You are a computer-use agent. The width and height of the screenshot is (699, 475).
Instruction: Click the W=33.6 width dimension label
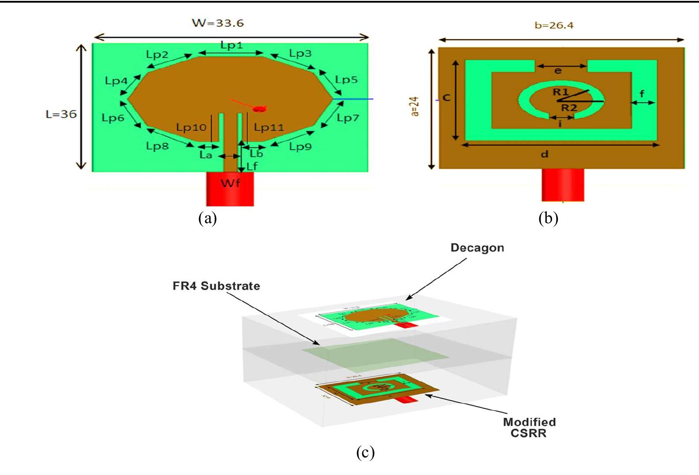pyautogui.click(x=218, y=23)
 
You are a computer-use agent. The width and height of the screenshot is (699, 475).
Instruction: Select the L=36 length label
pyautogui.click(x=61, y=114)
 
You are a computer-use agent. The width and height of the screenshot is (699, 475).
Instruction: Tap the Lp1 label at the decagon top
pyautogui.click(x=231, y=45)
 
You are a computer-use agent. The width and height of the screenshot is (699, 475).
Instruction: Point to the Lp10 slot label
pyautogui.click(x=191, y=127)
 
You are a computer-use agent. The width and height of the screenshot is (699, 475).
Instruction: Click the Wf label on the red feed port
pyautogui.click(x=230, y=183)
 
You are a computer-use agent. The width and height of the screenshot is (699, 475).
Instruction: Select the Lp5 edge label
pyautogui.click(x=346, y=80)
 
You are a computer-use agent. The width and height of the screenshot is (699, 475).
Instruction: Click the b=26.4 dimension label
pyautogui.click(x=554, y=26)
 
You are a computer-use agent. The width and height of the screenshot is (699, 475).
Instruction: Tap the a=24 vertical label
pyautogui.click(x=415, y=107)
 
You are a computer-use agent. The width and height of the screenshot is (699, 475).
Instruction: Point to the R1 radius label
pyautogui.click(x=560, y=92)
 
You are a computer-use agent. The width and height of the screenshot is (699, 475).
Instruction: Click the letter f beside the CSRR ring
pyautogui.click(x=642, y=94)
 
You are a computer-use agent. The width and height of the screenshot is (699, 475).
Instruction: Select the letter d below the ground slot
pyautogui.click(x=545, y=154)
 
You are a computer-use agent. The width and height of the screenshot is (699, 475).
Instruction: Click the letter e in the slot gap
pyautogui.click(x=558, y=71)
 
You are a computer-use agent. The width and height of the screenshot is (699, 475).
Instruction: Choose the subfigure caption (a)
pyautogui.click(x=207, y=218)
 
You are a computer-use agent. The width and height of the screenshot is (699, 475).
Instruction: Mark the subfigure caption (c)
pyautogui.click(x=365, y=453)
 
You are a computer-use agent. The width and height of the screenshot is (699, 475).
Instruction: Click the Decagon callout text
pyautogui.click(x=477, y=248)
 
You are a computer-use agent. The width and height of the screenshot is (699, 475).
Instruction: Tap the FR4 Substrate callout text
pyautogui.click(x=216, y=286)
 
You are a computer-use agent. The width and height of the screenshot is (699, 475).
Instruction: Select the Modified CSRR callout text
pyautogui.click(x=529, y=427)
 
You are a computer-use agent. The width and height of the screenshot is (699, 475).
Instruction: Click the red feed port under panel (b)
pyautogui.click(x=563, y=185)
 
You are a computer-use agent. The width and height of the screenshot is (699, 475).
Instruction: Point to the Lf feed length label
pyautogui.click(x=252, y=166)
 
